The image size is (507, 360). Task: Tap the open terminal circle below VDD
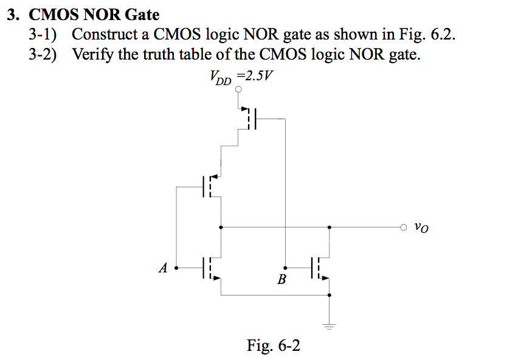239,89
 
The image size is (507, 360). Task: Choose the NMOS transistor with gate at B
319,267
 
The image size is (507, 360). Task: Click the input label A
162,268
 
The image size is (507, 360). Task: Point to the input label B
281,280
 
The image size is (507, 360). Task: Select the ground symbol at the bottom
329,325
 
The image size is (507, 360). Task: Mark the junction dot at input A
176,267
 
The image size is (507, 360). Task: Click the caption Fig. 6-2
273,345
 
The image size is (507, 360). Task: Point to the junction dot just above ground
329,295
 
